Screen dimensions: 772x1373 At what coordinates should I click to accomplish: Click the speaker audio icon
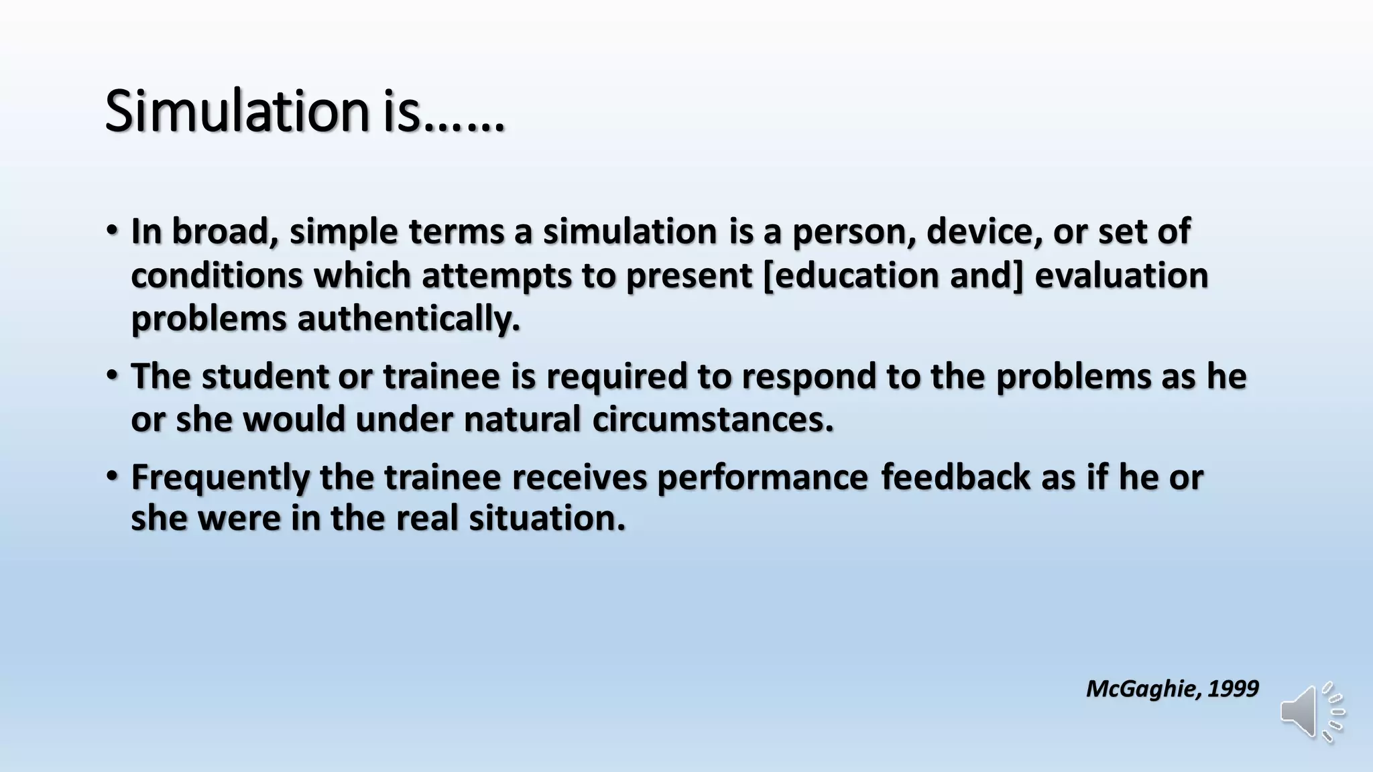click(x=1311, y=712)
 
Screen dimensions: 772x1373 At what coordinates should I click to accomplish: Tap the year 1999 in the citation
click(x=1233, y=688)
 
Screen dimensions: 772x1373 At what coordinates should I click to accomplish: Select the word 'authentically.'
click(x=408, y=318)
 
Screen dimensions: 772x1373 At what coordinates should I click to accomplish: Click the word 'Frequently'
click(x=221, y=478)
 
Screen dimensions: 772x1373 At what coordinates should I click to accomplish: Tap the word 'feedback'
click(x=955, y=477)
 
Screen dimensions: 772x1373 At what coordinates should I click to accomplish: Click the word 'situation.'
click(x=547, y=519)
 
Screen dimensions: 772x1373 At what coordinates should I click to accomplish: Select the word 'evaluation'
click(x=1121, y=275)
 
